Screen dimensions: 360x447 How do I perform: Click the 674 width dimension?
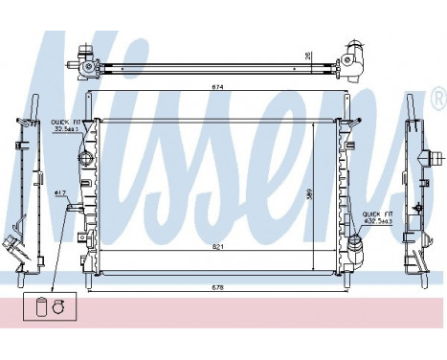219,89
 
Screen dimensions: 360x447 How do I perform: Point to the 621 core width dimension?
219,247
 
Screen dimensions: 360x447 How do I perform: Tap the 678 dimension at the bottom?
219,288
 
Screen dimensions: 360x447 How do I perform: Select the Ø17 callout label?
59,193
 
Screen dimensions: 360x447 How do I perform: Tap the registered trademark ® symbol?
438,97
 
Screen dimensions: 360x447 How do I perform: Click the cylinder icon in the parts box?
39,307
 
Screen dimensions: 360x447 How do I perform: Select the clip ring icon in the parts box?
57,308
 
